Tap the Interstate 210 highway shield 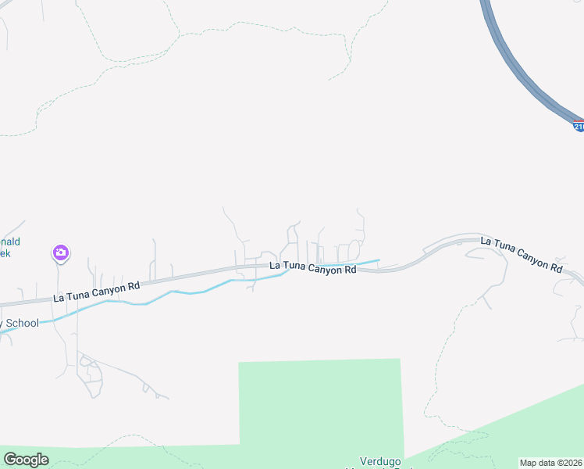click(x=579, y=126)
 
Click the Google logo click(x=26, y=460)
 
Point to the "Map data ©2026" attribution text click(x=550, y=463)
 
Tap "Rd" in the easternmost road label click(x=556, y=267)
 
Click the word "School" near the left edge click(x=22, y=324)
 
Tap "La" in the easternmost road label click(x=487, y=242)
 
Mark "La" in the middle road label click(x=275, y=266)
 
